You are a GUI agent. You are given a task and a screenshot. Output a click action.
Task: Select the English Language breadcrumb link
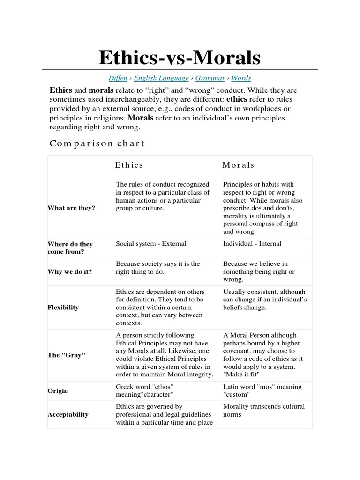[x=161, y=78]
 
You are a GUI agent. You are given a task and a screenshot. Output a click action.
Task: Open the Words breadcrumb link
[x=241, y=78]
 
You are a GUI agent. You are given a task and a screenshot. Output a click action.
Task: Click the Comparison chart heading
[x=97, y=143]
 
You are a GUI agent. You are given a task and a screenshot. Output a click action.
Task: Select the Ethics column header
[x=129, y=165]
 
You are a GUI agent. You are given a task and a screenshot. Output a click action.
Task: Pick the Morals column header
[x=238, y=165]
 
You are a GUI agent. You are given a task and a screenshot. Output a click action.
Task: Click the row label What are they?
[x=71, y=208]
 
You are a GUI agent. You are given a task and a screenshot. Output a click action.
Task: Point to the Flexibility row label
[x=63, y=307]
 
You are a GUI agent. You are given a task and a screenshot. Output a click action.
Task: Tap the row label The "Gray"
[x=67, y=355]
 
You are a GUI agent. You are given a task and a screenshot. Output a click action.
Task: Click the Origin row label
[x=58, y=391]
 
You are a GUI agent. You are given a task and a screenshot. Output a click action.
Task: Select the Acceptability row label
[x=68, y=415]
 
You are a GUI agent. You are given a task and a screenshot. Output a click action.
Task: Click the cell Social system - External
[x=151, y=244]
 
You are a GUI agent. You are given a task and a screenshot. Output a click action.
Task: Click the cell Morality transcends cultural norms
[x=263, y=410]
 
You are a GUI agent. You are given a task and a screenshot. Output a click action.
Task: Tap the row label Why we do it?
[x=70, y=272]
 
